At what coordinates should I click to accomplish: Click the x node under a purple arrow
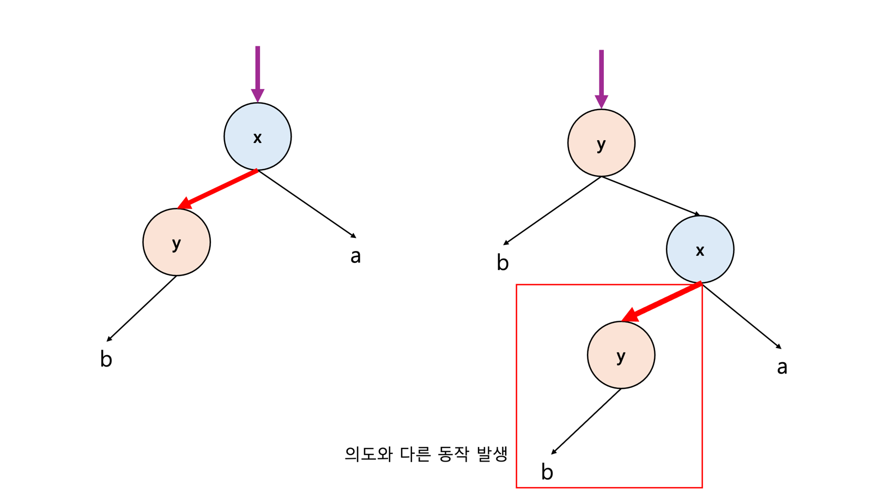257,136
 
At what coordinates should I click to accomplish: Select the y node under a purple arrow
601,143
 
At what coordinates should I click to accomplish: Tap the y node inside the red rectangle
621,355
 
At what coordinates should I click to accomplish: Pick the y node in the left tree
177,242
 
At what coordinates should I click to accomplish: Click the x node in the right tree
700,249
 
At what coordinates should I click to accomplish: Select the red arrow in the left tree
218,189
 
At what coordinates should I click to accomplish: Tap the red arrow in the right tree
662,301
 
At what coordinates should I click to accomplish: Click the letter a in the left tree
355,256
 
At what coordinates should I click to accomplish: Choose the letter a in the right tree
782,367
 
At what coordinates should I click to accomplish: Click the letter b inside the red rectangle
547,472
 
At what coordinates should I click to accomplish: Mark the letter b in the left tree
106,359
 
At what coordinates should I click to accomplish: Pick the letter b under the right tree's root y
502,263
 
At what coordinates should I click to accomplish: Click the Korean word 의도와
368,454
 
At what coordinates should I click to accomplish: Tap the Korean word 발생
492,454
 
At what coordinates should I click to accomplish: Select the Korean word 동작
453,454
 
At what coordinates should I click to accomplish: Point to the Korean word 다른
415,454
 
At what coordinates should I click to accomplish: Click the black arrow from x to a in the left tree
307,204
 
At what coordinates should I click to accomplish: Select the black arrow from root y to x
651,196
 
